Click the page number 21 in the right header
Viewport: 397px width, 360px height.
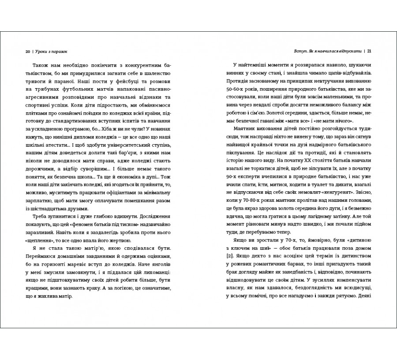[x=369, y=51]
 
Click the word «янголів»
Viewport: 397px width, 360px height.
[x=158, y=261]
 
